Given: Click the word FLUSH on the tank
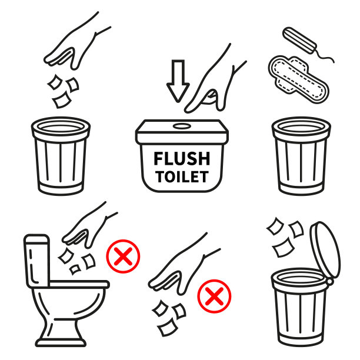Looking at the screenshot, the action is coord(182,159).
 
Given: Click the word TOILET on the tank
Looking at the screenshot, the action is coord(182,177).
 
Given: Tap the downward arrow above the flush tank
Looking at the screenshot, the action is coord(178,81).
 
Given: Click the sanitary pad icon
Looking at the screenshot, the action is coord(298,79).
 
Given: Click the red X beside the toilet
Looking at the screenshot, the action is coord(123,256).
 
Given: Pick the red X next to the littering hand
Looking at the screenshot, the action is coord(214,296).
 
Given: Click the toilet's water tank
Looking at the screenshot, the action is coord(37,261).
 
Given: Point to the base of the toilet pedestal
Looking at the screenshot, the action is coord(61,343).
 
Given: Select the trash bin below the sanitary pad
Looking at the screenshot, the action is coord(301,156).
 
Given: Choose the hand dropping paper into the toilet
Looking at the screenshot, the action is coord(89,225).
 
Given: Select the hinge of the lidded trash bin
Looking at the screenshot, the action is coord(330,281).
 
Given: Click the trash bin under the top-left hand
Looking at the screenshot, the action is coord(61,156).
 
